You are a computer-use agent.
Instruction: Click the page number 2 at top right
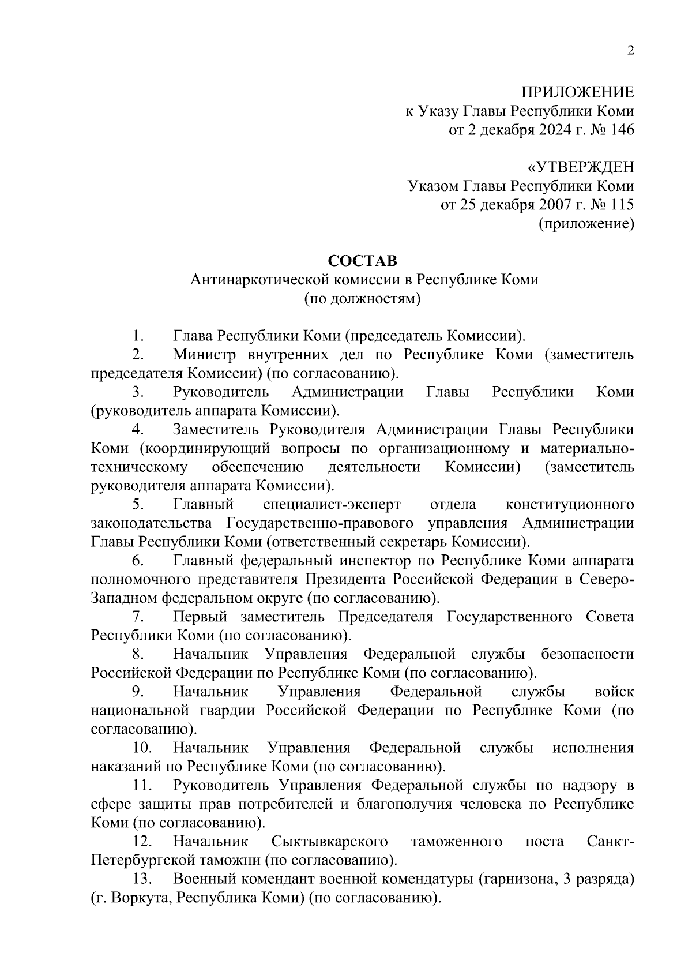coord(630,51)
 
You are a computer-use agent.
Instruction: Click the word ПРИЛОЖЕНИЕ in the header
coord(577,92)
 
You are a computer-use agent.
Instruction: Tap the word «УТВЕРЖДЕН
coord(581,167)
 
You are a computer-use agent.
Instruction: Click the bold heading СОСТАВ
coord(362,261)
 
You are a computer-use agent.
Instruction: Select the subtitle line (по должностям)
coord(362,299)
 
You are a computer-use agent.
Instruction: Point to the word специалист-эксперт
coord(332,505)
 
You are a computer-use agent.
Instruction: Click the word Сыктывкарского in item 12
coord(329,842)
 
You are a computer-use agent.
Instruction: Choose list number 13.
coord(141,879)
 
